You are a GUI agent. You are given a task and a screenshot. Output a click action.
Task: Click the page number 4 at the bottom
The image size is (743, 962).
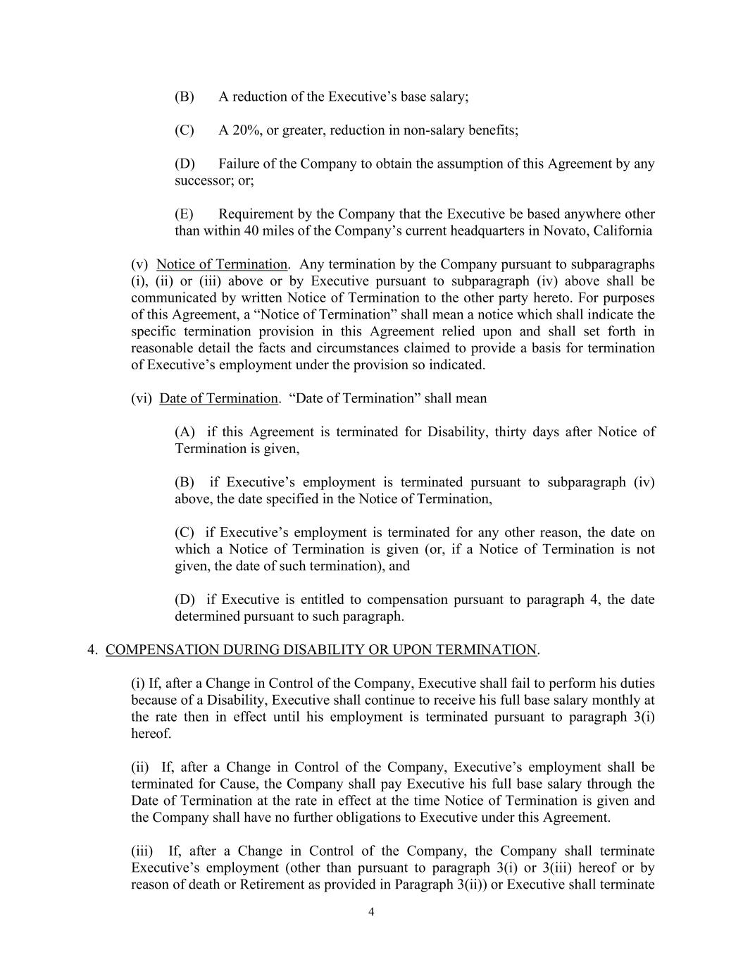[371, 913]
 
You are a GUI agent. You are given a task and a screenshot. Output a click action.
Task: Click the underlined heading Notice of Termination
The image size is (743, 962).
[222, 265]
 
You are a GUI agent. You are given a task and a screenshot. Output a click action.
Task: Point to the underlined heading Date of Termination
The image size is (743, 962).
[218, 399]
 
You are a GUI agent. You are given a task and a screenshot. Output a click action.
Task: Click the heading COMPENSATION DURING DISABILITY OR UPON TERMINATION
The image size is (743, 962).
[321, 650]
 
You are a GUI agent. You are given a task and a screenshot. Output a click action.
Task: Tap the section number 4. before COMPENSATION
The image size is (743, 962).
[92, 650]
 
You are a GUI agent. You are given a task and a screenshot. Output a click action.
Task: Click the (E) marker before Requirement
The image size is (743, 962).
[184, 214]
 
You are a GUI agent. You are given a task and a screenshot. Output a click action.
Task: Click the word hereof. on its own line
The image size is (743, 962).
[151, 734]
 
